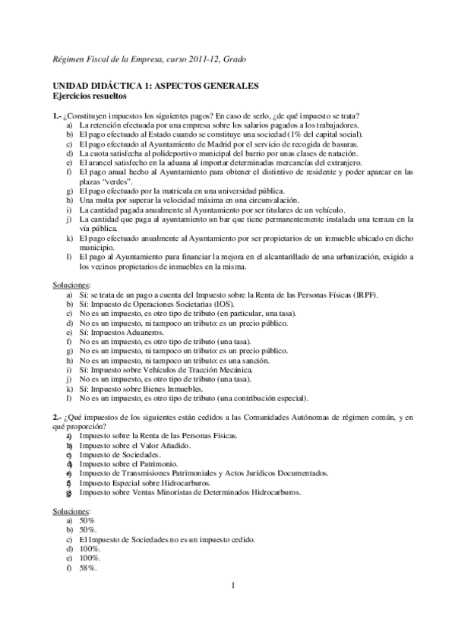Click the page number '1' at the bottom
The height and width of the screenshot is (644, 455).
click(233, 586)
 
